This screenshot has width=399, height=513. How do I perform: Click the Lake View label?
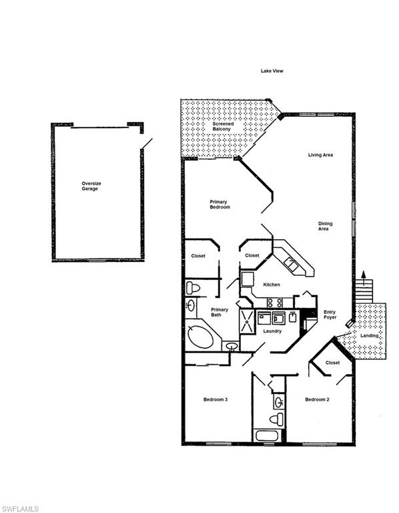pos(272,71)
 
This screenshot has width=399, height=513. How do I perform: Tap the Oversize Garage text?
pos(89,186)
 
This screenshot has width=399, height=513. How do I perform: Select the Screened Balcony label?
pos(223,128)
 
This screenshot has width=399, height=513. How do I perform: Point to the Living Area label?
pos(320,155)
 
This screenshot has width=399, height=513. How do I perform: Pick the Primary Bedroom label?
pos(220,204)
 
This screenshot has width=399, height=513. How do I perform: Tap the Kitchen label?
pos(272,285)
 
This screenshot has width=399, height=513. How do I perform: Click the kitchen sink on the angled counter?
pos(292,263)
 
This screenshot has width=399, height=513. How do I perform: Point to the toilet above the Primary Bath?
pos(193,288)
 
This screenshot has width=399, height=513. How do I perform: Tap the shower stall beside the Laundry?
pos(247,321)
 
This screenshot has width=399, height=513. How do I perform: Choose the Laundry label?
pos(272,331)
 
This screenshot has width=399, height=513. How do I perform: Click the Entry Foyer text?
pos(330,315)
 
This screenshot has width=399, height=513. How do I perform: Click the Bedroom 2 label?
pos(316,399)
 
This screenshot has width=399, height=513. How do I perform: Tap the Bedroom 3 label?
pos(216,399)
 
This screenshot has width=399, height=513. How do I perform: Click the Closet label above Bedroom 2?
pos(332,363)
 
